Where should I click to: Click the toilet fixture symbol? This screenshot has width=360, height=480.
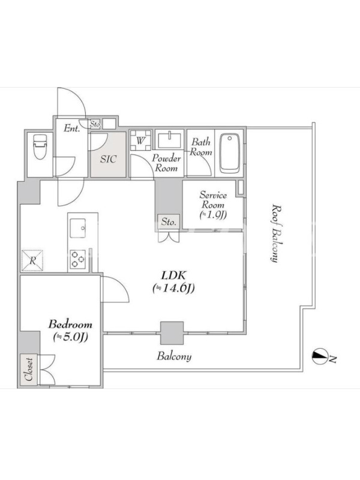point(40,147)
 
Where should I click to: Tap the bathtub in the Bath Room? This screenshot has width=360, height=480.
point(230,154)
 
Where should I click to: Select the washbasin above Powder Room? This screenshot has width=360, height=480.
point(169,140)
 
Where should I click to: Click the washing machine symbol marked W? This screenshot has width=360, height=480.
point(140,140)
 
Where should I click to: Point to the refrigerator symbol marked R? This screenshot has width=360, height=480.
point(32,261)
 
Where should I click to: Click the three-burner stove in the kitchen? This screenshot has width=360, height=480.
point(78,259)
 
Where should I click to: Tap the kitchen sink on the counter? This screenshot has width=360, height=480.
point(78,228)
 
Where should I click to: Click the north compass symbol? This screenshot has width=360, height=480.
point(320,356)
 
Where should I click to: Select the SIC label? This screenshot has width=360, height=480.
point(109,159)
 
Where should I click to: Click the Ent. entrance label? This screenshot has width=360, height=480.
point(71,128)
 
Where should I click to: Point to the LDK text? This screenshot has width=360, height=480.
point(173,275)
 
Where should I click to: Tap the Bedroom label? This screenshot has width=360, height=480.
point(70,324)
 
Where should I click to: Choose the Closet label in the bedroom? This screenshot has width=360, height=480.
point(29,369)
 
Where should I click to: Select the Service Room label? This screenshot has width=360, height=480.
point(213,200)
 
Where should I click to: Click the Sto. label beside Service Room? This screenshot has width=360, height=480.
point(169,221)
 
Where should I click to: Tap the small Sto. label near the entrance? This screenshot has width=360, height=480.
point(95,125)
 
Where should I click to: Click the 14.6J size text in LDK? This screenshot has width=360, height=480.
point(173,288)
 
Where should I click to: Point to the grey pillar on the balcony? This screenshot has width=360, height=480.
point(172,333)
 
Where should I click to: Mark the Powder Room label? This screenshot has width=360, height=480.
point(166,163)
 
